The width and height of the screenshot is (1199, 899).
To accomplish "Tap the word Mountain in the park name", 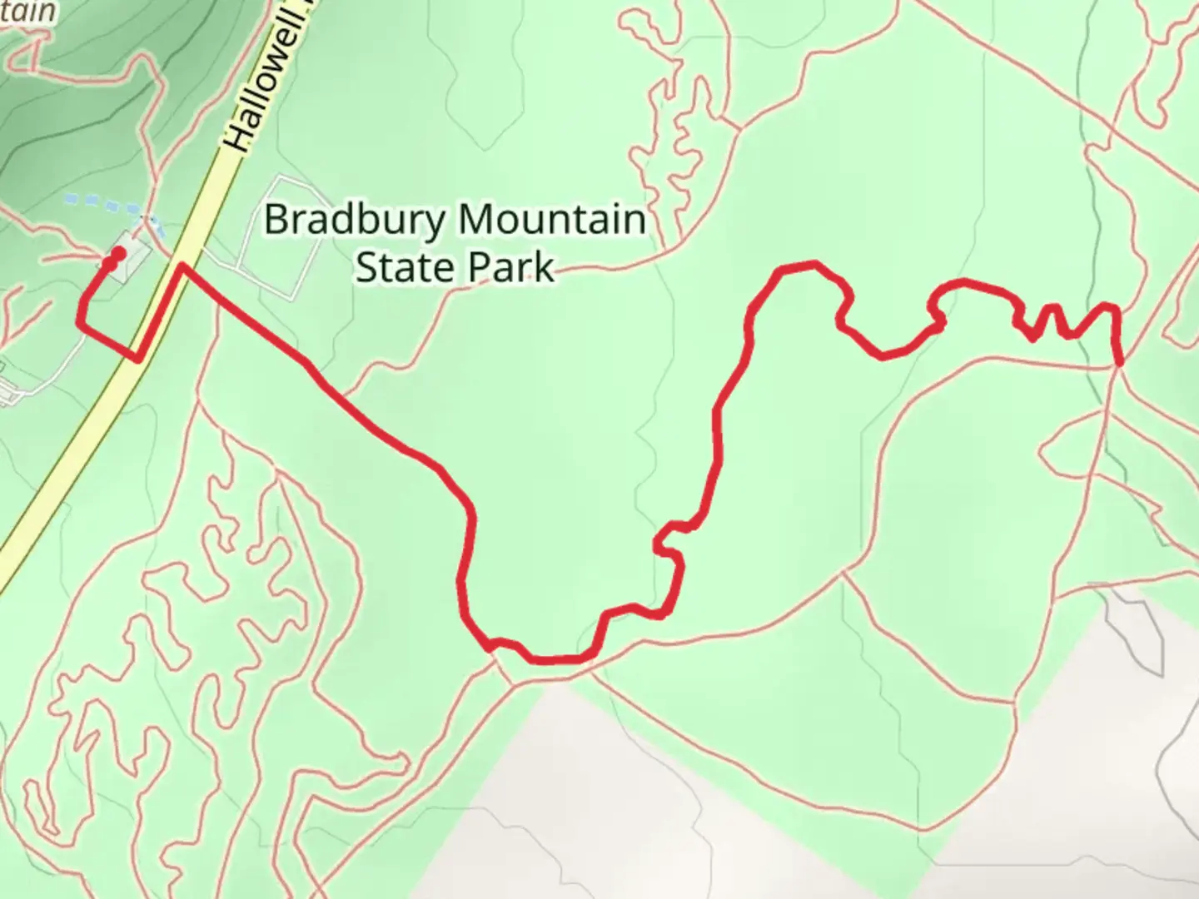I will [x=551, y=221].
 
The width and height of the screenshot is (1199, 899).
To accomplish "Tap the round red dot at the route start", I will [x=119, y=253].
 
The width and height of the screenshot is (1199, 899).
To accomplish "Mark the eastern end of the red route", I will [x=1120, y=361].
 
